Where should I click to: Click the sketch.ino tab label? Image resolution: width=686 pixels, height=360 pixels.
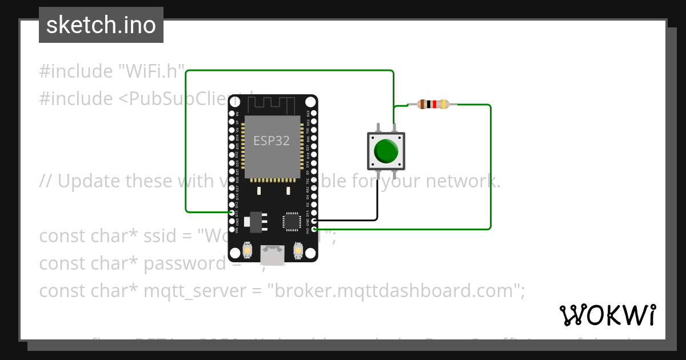point(101,25)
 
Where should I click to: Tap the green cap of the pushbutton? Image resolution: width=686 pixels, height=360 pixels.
point(386,151)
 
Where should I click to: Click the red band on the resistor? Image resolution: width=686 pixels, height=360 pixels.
point(434,104)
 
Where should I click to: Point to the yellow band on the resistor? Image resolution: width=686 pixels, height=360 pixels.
point(445,104)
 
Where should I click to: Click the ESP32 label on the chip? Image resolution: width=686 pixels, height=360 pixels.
point(272,141)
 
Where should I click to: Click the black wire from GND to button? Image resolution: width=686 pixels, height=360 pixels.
point(377,200)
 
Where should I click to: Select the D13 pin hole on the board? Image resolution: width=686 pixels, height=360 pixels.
point(232,213)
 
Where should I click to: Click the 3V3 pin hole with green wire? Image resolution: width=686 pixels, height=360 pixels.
point(314,229)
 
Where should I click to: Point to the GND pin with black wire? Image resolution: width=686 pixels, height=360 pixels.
point(314,220)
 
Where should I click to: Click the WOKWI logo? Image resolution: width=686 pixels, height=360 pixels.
point(608,315)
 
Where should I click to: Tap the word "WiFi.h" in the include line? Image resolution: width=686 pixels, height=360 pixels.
point(151,71)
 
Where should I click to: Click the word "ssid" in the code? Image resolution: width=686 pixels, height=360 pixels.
point(168,236)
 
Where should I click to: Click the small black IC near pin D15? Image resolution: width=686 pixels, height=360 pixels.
point(292,221)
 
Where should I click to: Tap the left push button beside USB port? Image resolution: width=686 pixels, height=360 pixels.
point(248,250)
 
